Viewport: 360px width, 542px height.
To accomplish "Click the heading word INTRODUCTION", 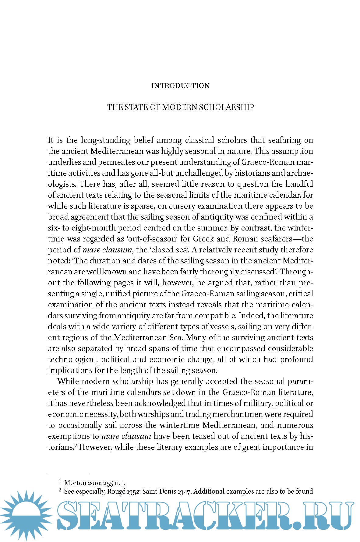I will (x=180, y=86).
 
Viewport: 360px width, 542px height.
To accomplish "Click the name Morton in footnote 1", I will (x=75, y=483).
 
